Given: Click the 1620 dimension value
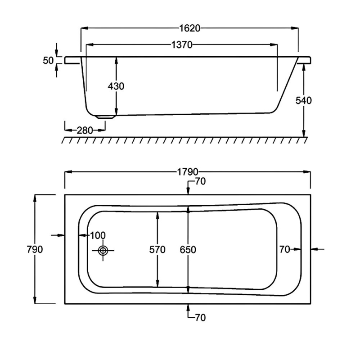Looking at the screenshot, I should coord(189,28).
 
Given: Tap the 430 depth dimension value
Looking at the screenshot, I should coord(116,86).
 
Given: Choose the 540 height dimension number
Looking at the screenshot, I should coord(304,100).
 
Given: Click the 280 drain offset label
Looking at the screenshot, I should coord(85,130).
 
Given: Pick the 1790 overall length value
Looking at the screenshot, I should coord(188,172).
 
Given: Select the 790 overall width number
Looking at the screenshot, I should coord(35,249).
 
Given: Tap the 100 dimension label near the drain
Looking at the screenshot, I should coord(97,235).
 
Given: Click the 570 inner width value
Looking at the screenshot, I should coord(157,249).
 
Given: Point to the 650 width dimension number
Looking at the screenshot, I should coord(188,249).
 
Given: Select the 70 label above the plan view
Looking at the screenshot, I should coord(200,182).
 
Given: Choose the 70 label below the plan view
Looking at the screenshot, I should coord(200,318).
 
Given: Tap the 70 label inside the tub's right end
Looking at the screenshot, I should coord(284,249).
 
